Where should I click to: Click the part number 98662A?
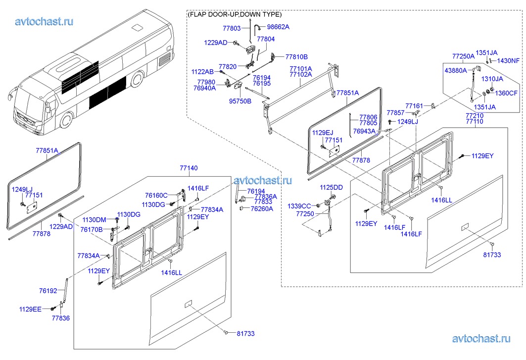278,27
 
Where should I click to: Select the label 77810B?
296,56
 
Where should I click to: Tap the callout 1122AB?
203,72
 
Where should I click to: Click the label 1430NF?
509,61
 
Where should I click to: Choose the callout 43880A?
456,70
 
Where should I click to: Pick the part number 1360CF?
506,93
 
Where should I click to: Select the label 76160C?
156,195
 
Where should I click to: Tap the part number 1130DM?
95,220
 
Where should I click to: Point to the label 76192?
48,292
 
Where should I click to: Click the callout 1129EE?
31,309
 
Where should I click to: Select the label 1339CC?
300,206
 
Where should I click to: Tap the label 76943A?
364,131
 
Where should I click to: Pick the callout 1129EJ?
323,132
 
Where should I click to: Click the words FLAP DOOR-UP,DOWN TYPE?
235,14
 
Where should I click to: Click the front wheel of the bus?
67,121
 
